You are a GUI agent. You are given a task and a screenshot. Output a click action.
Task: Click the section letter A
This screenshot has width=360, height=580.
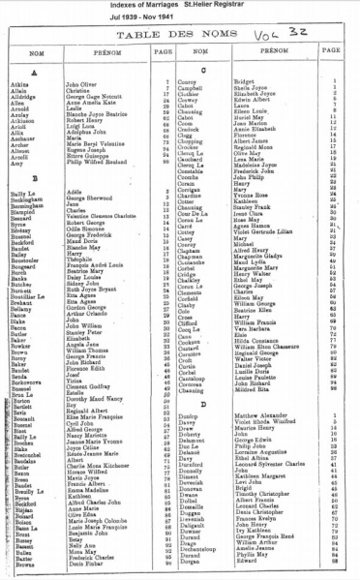tap(34, 73)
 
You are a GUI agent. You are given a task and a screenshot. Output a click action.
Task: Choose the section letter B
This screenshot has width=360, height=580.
tap(34, 179)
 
